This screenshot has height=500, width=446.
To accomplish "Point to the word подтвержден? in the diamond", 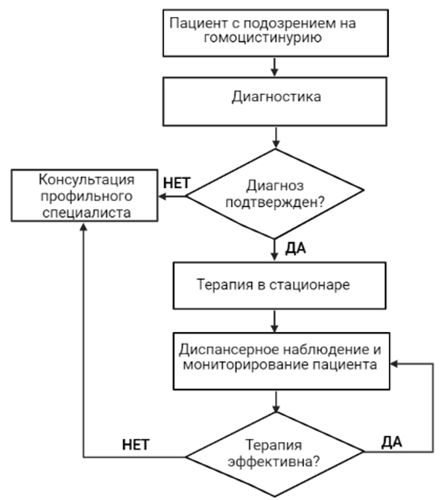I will [x=276, y=203].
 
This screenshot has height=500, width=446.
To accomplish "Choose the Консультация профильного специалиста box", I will [x=86, y=196].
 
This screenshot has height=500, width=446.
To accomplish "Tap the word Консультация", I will [x=86, y=180].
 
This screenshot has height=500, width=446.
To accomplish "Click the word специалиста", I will [x=86, y=213].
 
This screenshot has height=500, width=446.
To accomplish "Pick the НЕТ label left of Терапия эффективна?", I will [x=136, y=445].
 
